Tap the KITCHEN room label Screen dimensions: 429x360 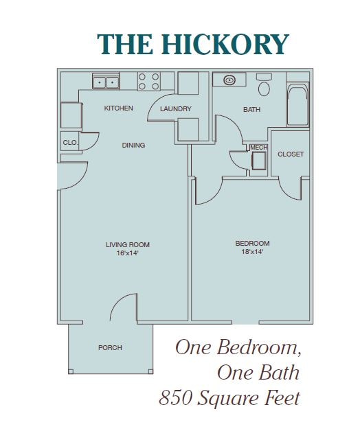(118, 108)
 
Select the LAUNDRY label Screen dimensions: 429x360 (175, 109)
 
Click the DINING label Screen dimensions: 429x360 (133, 146)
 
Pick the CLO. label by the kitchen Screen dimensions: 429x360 (69, 143)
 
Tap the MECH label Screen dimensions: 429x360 (259, 148)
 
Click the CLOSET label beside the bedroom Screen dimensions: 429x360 (290, 154)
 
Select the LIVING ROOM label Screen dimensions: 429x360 (128, 244)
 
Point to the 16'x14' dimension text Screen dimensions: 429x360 (128, 253)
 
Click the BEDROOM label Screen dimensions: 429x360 (252, 244)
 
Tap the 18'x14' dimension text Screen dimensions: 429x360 (252, 252)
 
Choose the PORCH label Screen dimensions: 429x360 (110, 348)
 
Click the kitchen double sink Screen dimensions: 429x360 (106, 82)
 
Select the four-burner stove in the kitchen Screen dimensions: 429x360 (149, 82)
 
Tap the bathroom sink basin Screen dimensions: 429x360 (229, 80)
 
